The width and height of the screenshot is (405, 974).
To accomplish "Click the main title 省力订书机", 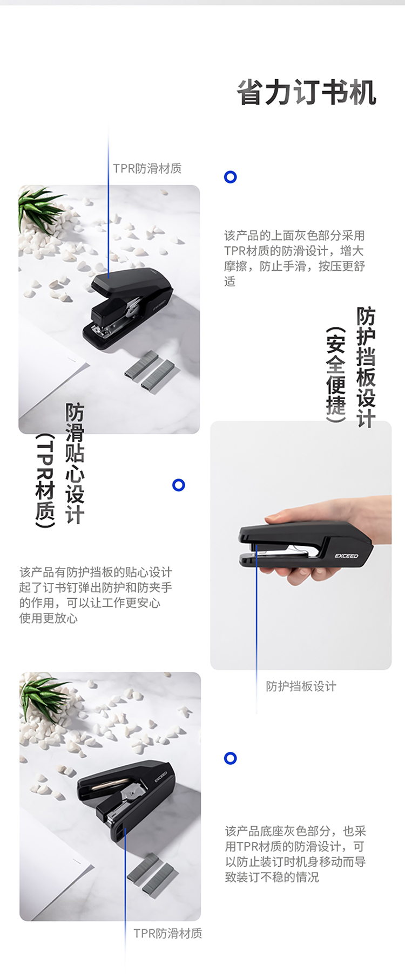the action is [x=307, y=92].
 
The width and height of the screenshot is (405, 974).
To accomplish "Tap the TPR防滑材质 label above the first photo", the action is [x=147, y=168].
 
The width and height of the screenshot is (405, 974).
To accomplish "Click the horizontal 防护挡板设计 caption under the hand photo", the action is [x=301, y=686].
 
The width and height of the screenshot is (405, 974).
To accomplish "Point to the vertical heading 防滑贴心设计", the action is [x=75, y=463].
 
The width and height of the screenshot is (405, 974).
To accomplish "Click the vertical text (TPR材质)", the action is [x=45, y=481].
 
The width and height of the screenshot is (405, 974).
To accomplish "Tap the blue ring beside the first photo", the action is [x=231, y=177].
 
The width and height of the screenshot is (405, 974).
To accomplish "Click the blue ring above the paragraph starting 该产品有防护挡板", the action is [x=179, y=485].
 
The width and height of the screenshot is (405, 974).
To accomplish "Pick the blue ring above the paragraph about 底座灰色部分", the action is [x=231, y=758].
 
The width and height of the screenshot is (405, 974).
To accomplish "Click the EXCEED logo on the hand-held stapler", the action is [x=346, y=556].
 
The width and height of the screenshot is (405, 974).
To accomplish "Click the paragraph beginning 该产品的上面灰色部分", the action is [x=295, y=258].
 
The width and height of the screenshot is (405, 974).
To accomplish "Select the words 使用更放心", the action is [x=49, y=618].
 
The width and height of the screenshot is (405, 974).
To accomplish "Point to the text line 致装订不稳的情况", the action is [x=272, y=877].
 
